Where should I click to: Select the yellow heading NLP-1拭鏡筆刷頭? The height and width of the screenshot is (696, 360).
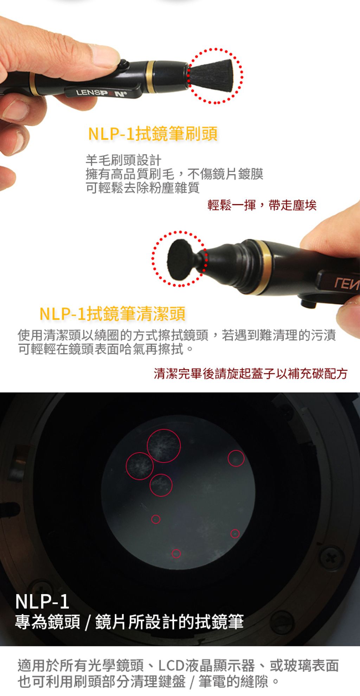[153, 134]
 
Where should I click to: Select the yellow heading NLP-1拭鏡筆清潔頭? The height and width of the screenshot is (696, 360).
[112, 313]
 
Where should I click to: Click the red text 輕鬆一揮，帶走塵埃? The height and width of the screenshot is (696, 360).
[262, 205]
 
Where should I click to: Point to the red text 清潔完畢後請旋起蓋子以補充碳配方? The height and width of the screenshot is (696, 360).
[251, 373]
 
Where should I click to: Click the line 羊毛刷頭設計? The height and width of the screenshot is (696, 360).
[124, 160]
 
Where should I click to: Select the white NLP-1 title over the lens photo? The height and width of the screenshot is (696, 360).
[42, 601]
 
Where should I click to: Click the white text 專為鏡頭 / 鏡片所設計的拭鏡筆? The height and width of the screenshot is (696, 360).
[129, 622]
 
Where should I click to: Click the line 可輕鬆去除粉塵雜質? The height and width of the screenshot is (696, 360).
[143, 187]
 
